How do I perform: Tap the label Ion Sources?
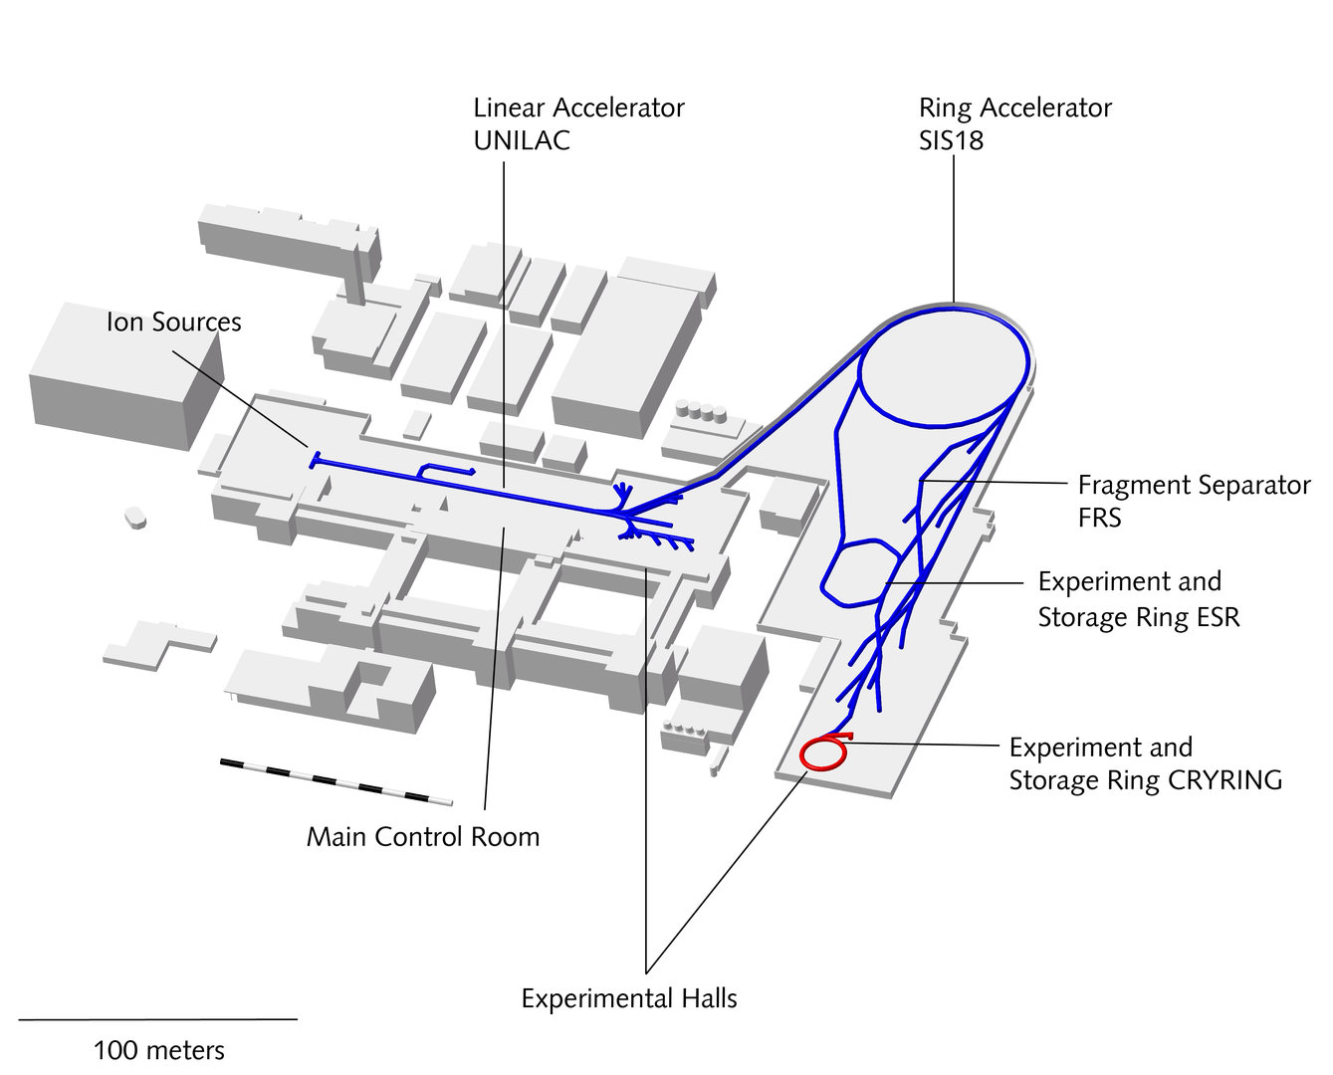pyautogui.click(x=174, y=322)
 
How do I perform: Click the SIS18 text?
pyautogui.click(x=951, y=140)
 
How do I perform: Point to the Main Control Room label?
pyautogui.click(x=423, y=837)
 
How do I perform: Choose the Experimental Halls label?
pyautogui.click(x=629, y=998)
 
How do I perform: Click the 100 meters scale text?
pyautogui.click(x=159, y=1050)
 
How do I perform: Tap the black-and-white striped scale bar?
pyautogui.click(x=335, y=781)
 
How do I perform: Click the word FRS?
pyautogui.click(x=1099, y=518)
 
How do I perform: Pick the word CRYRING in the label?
pyautogui.click(x=1224, y=779)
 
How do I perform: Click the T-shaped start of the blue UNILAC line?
pyautogui.click(x=315, y=459)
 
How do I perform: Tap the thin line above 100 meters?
pyautogui.click(x=157, y=1019)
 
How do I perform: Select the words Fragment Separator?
pyautogui.click(x=1194, y=485)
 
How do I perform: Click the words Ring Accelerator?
pyautogui.click(x=1014, y=107)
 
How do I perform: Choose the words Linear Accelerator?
pyautogui.click(x=578, y=107)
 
